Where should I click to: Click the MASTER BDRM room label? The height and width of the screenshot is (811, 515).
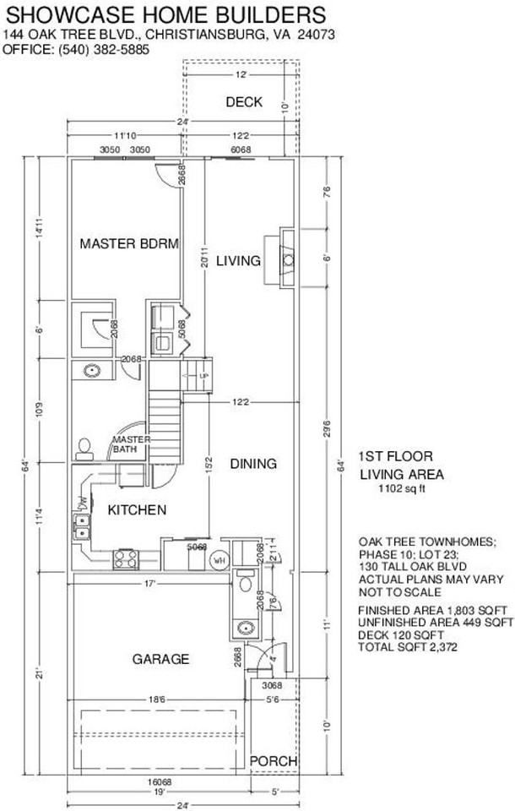(129, 244)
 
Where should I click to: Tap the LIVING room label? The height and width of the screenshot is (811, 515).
(238, 261)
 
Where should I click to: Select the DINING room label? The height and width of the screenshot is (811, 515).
(253, 464)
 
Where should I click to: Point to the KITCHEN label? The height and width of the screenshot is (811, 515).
(136, 510)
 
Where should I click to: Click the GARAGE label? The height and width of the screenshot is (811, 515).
(160, 659)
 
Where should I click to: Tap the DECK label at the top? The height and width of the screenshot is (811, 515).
(244, 102)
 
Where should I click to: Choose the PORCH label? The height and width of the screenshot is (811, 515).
(274, 761)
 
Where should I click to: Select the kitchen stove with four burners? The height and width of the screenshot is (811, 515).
(126, 558)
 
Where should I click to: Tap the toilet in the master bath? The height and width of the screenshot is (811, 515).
(84, 446)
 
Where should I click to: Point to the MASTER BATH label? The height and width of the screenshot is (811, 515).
(131, 444)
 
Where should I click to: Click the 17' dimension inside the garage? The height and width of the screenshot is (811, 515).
(149, 583)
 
